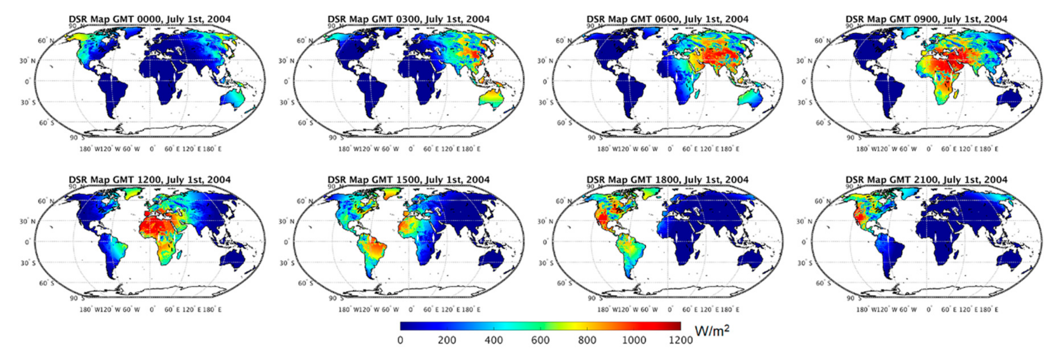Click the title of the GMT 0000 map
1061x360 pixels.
point(150,19)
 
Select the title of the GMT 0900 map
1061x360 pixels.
point(926,19)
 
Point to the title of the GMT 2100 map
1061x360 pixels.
point(926,180)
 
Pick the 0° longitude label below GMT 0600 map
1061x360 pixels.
point(670,149)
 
